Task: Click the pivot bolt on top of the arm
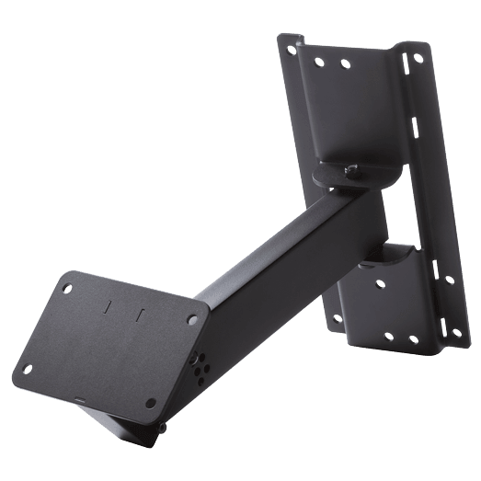click(x=351, y=170)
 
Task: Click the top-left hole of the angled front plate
click(x=69, y=287)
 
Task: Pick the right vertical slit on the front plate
click(x=140, y=315)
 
